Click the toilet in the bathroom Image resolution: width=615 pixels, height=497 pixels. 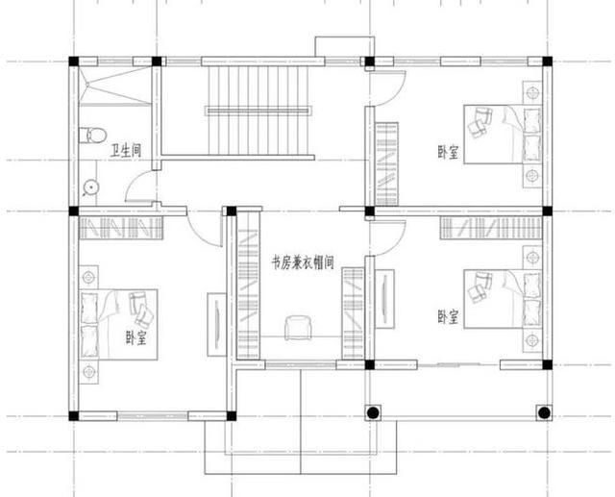pos(92,136)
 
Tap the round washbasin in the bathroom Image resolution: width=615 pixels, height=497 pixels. pos(91,187)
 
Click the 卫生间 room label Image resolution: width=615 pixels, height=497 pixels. pos(126,151)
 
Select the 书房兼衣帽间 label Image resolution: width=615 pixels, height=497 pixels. pos(303,262)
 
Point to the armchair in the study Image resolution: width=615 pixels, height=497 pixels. pos(299,328)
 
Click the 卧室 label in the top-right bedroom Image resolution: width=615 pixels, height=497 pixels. pos(448,152)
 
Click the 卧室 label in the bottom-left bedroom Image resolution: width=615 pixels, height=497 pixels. pos(135,337)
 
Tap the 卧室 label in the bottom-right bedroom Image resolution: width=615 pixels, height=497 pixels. pos(448,317)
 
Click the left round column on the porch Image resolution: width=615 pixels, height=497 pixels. pos(373,412)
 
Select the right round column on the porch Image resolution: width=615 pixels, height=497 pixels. pos(544,412)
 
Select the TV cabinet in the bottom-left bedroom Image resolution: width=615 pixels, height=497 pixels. pos(216,324)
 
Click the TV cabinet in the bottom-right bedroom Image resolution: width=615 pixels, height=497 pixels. pos(384,299)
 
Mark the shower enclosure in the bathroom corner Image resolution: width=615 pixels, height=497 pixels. pos(115,86)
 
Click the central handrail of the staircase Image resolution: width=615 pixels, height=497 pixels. pos(258,111)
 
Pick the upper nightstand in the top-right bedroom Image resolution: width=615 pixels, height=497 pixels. pos(531,93)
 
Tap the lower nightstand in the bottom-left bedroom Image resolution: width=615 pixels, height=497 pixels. pos(89,371)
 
